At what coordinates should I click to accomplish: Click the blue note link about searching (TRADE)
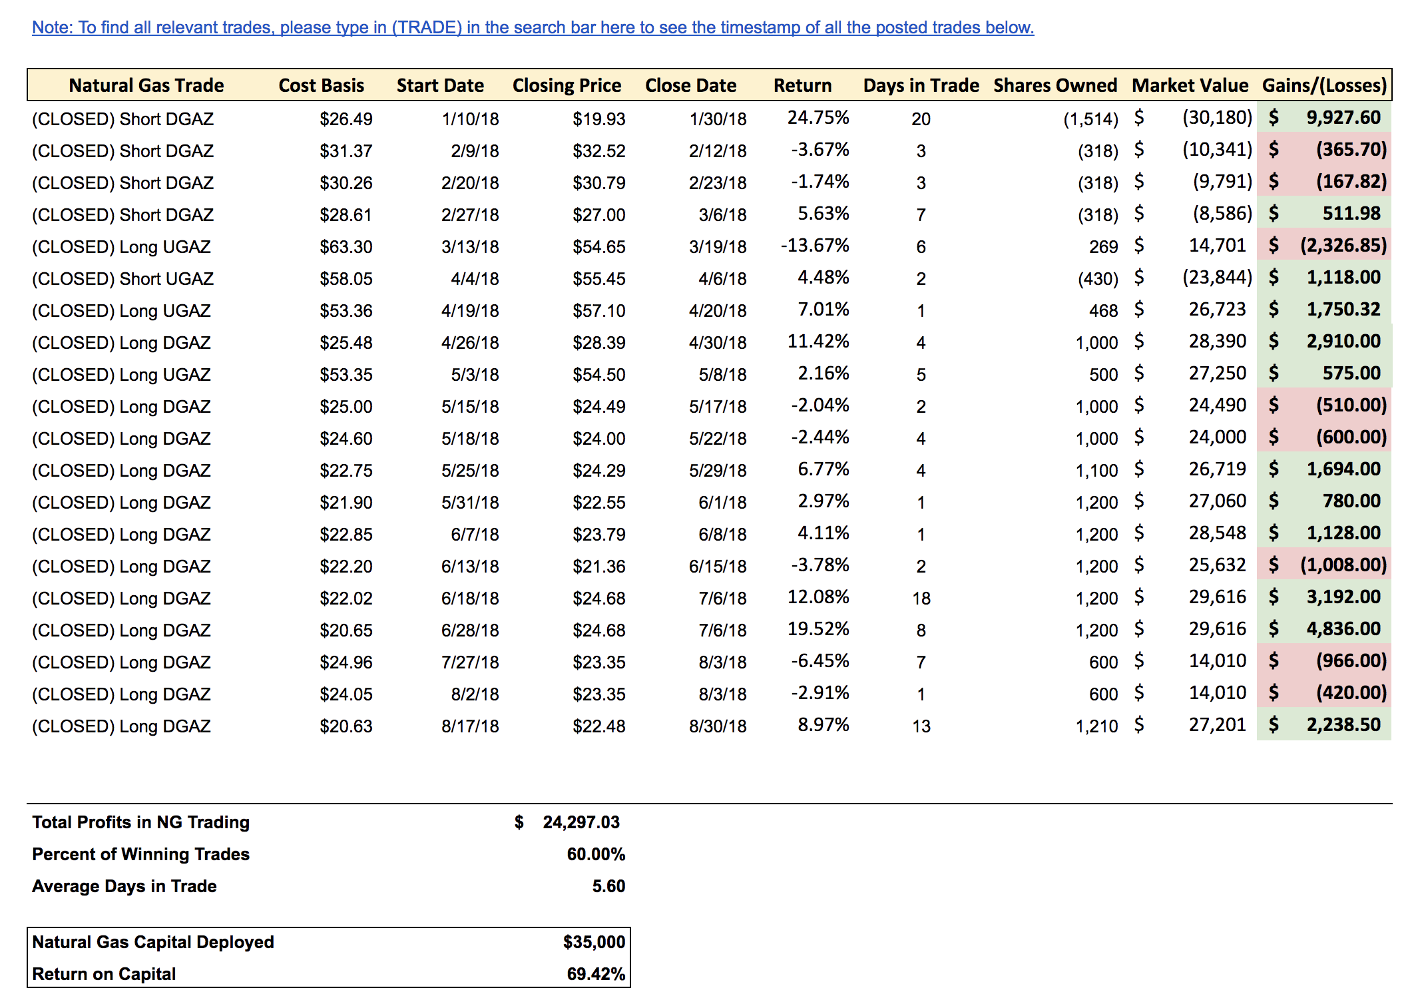tap(533, 27)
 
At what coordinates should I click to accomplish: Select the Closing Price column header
tap(567, 85)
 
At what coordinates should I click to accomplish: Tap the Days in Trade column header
tap(921, 85)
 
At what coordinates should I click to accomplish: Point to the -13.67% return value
tap(815, 246)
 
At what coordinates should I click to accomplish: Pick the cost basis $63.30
tap(346, 247)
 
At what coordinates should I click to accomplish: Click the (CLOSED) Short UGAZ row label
tap(122, 279)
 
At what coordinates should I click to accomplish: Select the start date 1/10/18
tap(470, 119)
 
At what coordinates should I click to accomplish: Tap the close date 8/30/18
tap(718, 726)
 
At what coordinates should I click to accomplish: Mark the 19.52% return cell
tap(818, 629)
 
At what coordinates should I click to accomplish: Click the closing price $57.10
tap(598, 311)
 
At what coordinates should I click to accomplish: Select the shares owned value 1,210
tap(1096, 726)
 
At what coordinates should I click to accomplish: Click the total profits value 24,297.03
tap(581, 822)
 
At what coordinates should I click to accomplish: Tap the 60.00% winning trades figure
tap(596, 854)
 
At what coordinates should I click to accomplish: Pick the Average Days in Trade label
tap(124, 886)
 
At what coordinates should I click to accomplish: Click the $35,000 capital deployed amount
tap(594, 942)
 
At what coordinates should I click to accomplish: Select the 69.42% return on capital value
tap(596, 974)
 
